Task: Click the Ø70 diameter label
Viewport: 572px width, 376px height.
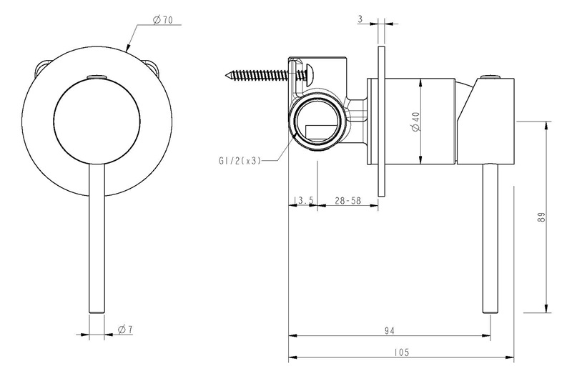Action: [x=163, y=21]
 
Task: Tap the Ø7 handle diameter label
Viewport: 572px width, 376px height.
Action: [x=125, y=330]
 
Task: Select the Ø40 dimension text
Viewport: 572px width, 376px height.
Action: [x=416, y=122]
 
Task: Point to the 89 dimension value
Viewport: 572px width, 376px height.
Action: [x=542, y=217]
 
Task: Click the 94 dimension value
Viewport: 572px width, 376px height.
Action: [x=390, y=331]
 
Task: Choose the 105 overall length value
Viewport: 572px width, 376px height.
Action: [x=402, y=352]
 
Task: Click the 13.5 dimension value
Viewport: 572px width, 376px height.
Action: [x=303, y=200]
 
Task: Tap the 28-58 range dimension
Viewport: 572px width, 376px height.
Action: [x=347, y=200]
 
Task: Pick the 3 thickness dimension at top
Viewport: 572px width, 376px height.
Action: [x=360, y=19]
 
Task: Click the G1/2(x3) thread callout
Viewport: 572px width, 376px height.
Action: [x=240, y=160]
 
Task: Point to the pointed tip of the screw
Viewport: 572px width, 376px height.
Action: [x=226, y=76]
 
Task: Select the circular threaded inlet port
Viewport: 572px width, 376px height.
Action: [x=317, y=122]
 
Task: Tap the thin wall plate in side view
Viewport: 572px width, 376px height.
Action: [x=381, y=121]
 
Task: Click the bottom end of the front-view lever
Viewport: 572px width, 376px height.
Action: [x=97, y=312]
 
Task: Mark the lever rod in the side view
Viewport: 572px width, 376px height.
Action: [x=490, y=238]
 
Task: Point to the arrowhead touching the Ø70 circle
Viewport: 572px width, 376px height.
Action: [x=128, y=46]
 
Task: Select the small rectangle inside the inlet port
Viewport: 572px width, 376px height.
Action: [x=320, y=133]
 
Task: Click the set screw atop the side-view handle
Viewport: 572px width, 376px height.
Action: [x=490, y=76]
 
